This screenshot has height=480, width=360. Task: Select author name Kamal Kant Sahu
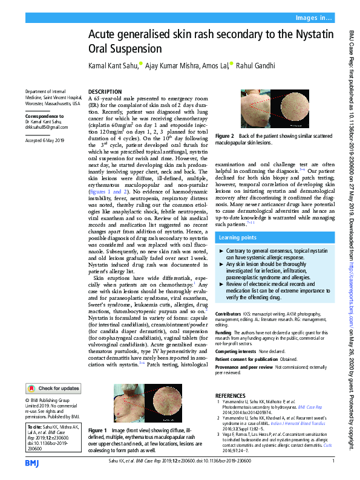click(x=112, y=65)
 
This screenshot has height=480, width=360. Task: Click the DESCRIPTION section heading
click(x=105, y=91)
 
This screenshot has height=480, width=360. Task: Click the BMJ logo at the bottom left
click(x=31, y=463)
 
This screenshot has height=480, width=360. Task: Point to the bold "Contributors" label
click(x=228, y=314)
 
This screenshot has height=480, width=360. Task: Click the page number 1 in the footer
click(x=333, y=462)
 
